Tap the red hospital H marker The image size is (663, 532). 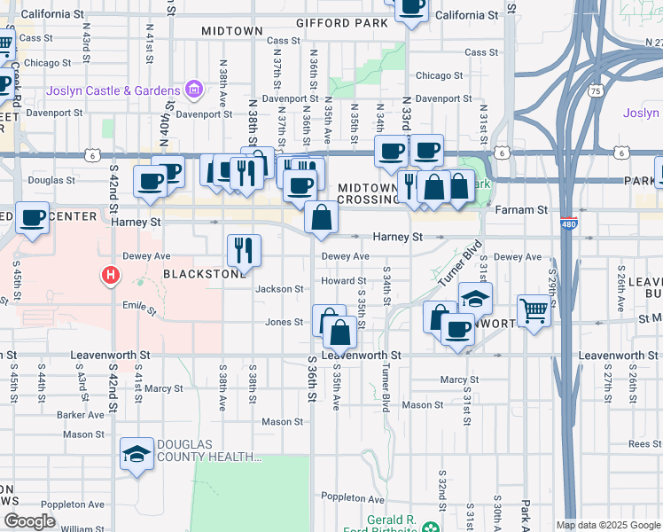(x=110, y=276)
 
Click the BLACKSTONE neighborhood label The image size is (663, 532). (x=204, y=274)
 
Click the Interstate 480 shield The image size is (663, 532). (x=568, y=226)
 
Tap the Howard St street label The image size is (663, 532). (x=337, y=281)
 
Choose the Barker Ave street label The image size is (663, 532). (x=82, y=414)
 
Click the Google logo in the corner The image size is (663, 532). (x=29, y=521)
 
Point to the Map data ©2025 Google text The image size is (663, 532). (x=608, y=525)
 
